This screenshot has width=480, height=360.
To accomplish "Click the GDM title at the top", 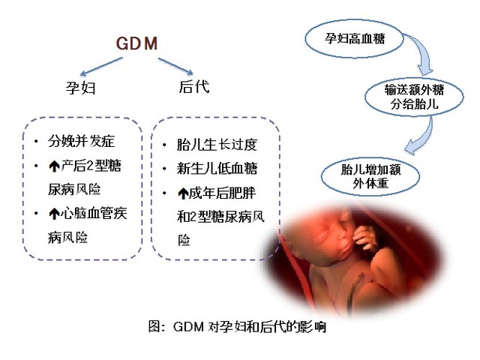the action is pyautogui.click(x=136, y=43).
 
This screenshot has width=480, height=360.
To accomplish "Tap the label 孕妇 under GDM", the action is pyautogui.click(x=81, y=88).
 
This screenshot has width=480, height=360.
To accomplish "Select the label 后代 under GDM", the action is pyautogui.click(x=194, y=86).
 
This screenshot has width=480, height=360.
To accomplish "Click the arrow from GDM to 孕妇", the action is pyautogui.click(x=101, y=67).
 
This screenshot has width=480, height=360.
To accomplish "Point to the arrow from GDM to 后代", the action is pyautogui.click(x=175, y=66).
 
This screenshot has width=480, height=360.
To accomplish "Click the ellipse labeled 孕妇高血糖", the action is pyautogui.click(x=354, y=39).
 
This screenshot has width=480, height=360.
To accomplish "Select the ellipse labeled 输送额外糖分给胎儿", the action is pyautogui.click(x=414, y=97).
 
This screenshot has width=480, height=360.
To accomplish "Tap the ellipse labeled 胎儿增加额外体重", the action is pyautogui.click(x=370, y=176).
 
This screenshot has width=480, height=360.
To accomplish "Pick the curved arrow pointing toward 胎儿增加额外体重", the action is pyautogui.click(x=424, y=136).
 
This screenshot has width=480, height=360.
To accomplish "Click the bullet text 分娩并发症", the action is pyautogui.click(x=82, y=141).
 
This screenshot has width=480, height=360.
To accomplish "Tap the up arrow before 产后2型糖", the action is pyautogui.click(x=54, y=166).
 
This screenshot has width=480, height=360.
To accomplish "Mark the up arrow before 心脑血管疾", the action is pyautogui.click(x=54, y=214).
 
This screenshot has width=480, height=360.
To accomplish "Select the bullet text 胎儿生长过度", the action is pyautogui.click(x=217, y=145).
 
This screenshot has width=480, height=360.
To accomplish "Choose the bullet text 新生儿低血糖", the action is pyautogui.click(x=217, y=168).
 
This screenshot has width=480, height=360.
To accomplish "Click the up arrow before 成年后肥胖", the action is pyautogui.click(x=183, y=193).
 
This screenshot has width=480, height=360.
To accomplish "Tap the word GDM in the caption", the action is pyautogui.click(x=188, y=327).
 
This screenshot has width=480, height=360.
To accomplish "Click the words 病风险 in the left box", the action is pyautogui.click(x=68, y=238).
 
